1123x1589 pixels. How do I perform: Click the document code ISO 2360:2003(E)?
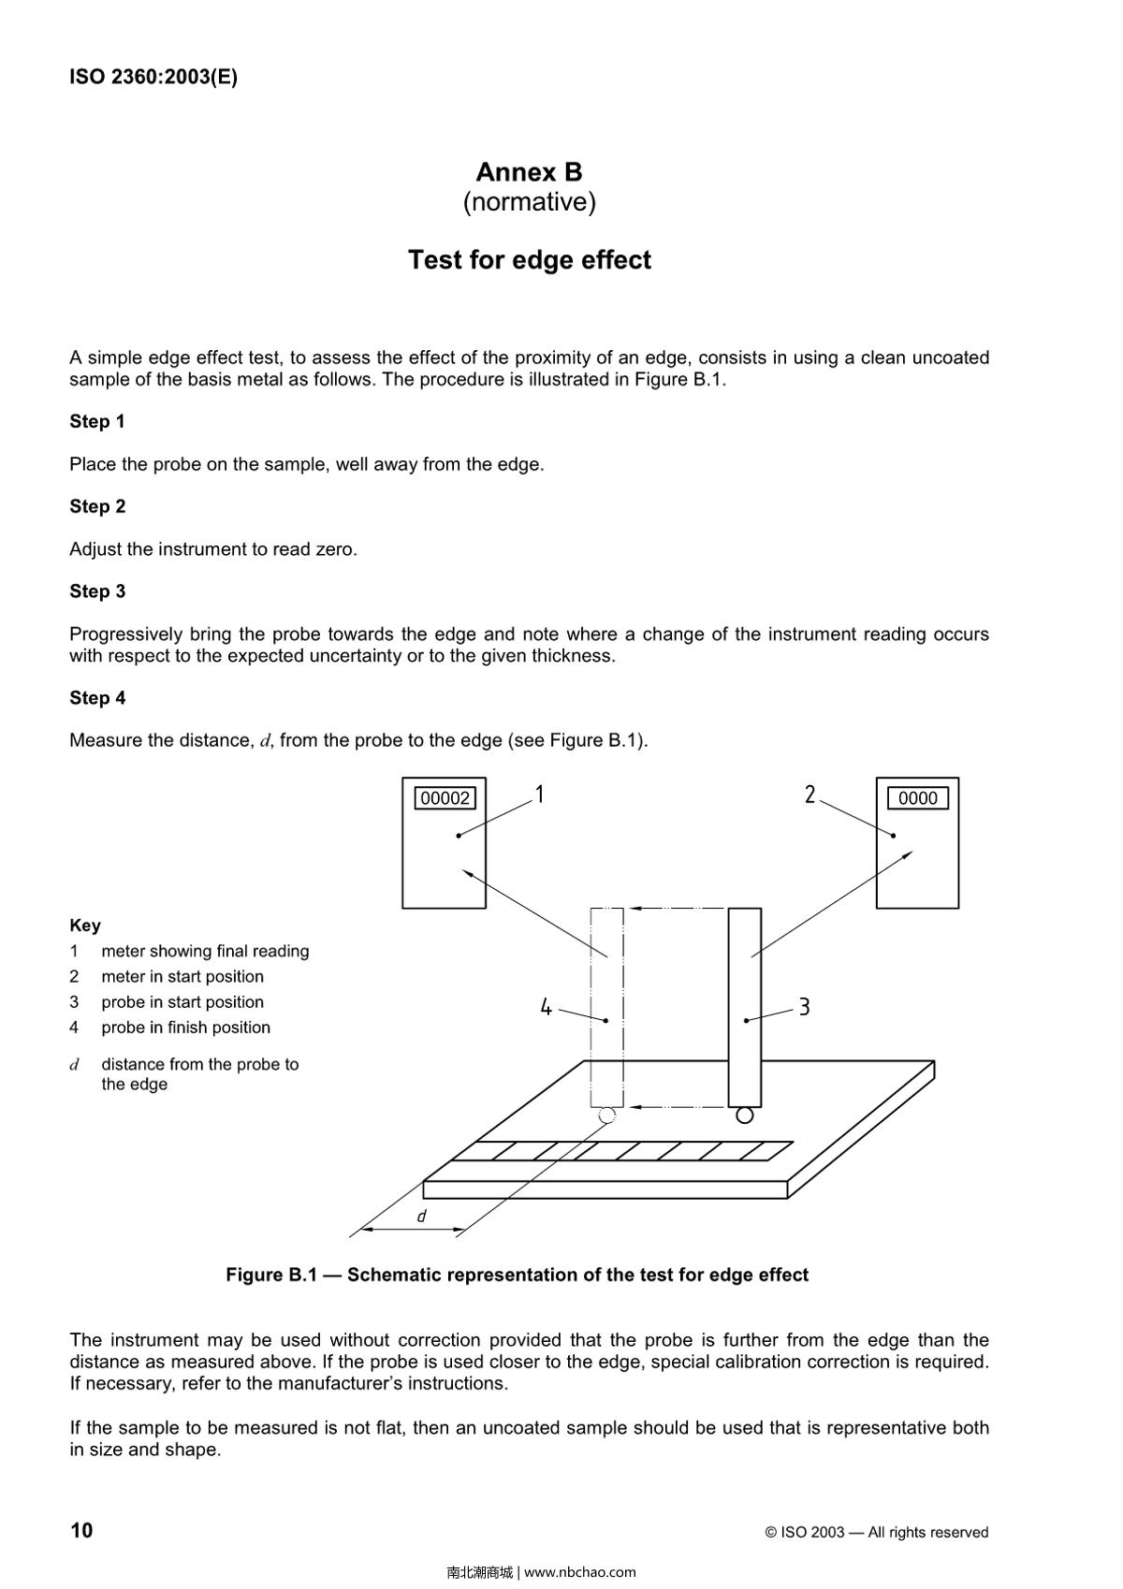point(153,78)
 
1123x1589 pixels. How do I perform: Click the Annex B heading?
point(529,172)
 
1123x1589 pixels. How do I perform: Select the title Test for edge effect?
point(529,260)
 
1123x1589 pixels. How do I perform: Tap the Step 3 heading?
point(97,591)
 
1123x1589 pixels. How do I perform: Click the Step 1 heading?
point(97,422)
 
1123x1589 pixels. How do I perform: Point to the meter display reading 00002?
point(445,798)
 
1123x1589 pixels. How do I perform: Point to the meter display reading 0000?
point(917,798)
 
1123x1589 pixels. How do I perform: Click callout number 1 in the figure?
point(540,794)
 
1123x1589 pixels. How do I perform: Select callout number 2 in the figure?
point(810,794)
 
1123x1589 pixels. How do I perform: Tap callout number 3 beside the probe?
point(804,1008)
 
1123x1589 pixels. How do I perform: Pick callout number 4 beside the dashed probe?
point(547,1008)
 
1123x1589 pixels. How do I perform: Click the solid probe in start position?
point(745,1006)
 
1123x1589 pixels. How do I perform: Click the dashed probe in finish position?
point(606,1006)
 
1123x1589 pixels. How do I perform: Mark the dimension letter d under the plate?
point(422,1217)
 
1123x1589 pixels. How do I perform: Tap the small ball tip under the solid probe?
point(745,1115)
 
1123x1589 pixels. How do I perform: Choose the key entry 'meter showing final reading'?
point(205,952)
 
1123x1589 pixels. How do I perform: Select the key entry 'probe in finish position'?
point(185,1028)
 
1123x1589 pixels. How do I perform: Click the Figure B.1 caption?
point(517,1276)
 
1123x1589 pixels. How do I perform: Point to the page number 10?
point(81,1531)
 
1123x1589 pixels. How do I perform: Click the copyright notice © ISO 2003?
point(876,1533)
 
